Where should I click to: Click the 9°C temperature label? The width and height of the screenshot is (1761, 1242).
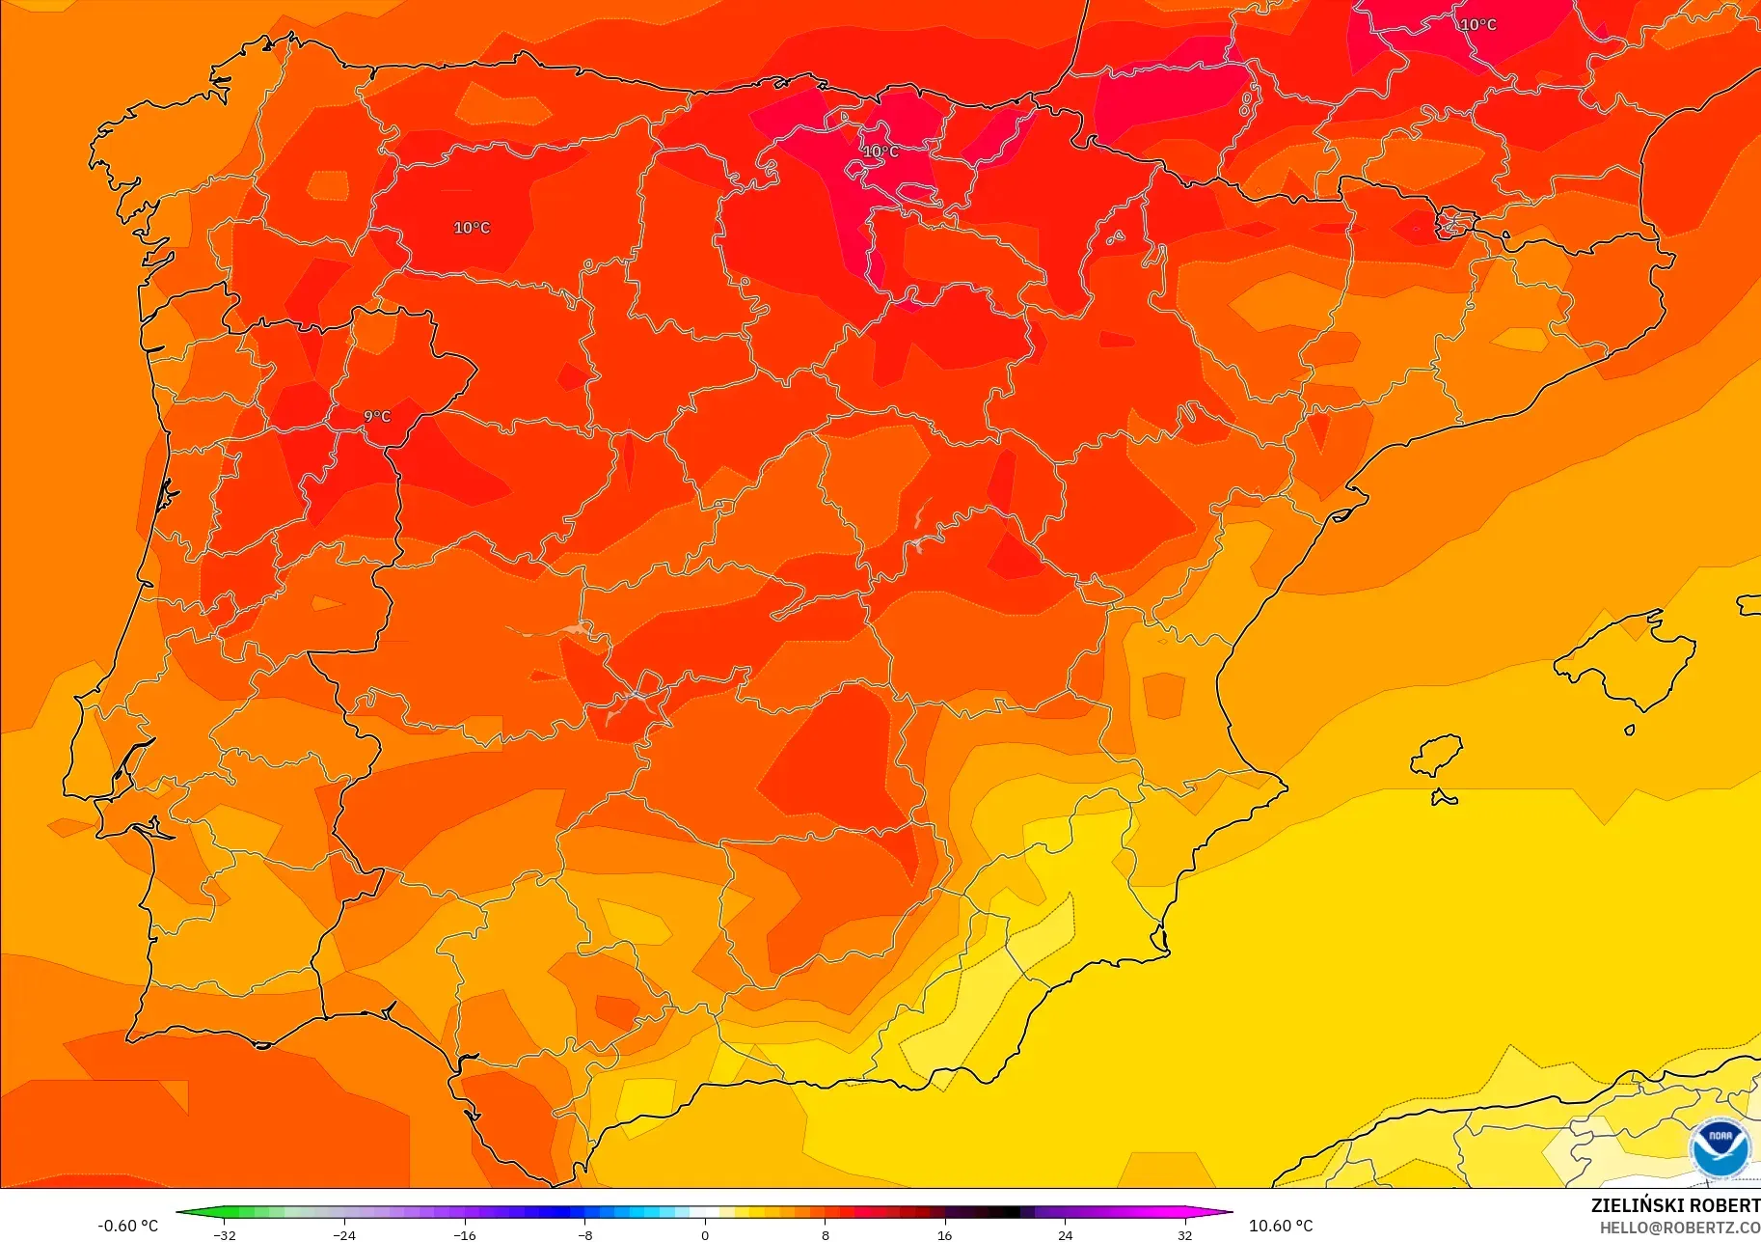377,417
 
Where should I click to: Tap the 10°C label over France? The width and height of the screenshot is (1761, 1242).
1477,25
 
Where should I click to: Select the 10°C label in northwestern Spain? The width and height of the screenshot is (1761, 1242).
472,228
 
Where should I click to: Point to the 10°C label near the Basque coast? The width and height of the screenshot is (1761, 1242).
880,152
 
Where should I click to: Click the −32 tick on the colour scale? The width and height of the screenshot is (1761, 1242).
225,1234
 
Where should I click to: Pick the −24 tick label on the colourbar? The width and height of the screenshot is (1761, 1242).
344,1234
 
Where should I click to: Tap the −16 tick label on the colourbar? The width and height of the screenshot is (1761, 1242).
465,1234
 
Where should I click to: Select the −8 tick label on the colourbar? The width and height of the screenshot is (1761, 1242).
585,1234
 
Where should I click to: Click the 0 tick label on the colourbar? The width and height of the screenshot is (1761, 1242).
705,1234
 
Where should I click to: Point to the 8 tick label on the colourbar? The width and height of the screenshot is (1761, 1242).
825,1234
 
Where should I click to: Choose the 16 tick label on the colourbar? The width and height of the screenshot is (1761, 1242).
944,1234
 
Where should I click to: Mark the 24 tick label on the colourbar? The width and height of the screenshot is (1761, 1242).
1065,1234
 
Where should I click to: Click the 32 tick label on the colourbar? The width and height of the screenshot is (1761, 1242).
1184,1234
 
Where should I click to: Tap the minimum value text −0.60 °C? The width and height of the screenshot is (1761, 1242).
127,1226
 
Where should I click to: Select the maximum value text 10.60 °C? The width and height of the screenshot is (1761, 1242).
1281,1226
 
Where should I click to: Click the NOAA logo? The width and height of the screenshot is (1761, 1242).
1720,1147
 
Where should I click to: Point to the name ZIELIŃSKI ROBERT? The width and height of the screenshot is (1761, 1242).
1675,1205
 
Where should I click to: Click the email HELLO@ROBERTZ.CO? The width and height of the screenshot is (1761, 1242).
1680,1228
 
